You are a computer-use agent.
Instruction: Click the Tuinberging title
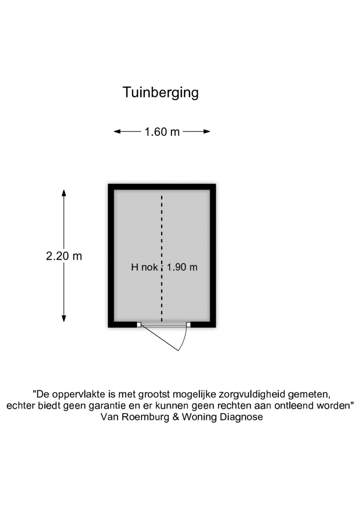(x=161, y=93)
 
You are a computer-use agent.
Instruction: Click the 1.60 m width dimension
(x=162, y=132)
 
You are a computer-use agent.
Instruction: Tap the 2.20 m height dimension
(x=64, y=256)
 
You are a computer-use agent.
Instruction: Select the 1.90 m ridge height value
(x=182, y=267)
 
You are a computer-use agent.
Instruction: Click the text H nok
(x=144, y=267)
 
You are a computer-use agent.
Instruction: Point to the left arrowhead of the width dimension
(x=117, y=132)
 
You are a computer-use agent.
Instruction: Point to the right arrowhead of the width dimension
(x=207, y=132)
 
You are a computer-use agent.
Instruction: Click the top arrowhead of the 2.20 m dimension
(x=64, y=193)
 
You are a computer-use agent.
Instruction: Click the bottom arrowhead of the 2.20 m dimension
(x=64, y=319)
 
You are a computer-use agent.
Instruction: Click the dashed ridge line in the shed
(x=162, y=259)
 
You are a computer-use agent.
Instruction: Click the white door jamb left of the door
(x=139, y=324)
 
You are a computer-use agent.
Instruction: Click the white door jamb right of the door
(x=188, y=324)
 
